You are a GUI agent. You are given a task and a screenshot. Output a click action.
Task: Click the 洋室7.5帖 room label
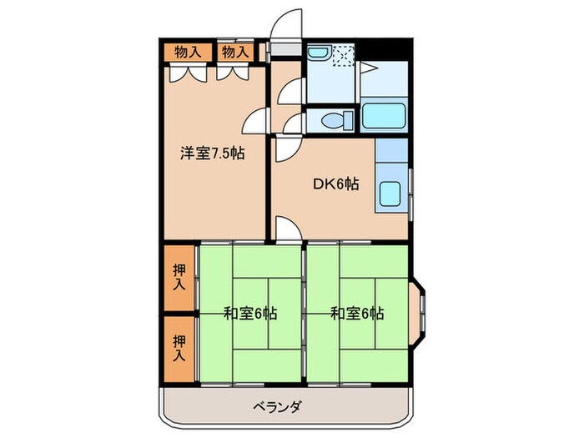point(213,154)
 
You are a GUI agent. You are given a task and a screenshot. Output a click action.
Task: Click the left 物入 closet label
point(188,52)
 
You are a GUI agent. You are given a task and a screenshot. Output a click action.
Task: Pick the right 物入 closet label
point(234,52)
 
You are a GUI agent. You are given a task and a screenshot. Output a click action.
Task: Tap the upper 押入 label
point(179,277)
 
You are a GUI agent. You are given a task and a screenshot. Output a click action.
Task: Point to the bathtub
point(385,116)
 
